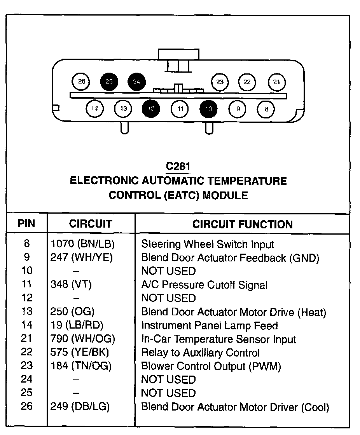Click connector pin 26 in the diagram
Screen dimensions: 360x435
click(81, 82)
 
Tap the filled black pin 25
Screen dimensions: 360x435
click(109, 82)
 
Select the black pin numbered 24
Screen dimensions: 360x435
click(136, 82)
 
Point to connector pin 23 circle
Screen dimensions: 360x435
click(220, 82)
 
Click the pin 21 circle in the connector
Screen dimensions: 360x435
click(276, 82)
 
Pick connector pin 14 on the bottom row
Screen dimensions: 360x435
click(95, 109)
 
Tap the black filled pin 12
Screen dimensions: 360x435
click(151, 109)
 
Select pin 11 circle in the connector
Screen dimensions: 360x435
click(180, 109)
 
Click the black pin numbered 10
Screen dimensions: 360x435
click(209, 109)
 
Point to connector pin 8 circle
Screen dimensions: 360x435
click(266, 109)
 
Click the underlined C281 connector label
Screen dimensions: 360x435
click(178, 167)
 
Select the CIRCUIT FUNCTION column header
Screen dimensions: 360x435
click(243, 224)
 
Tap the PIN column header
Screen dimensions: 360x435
click(26, 224)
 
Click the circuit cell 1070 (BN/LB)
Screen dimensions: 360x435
click(83, 244)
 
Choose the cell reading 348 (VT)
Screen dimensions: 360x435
click(71, 285)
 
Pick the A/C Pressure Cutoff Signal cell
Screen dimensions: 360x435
click(204, 285)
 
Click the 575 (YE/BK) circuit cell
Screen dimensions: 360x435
click(80, 353)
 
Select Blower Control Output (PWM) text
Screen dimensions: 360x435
click(211, 366)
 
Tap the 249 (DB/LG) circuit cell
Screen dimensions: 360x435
click(80, 407)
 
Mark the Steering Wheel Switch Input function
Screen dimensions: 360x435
click(208, 244)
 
